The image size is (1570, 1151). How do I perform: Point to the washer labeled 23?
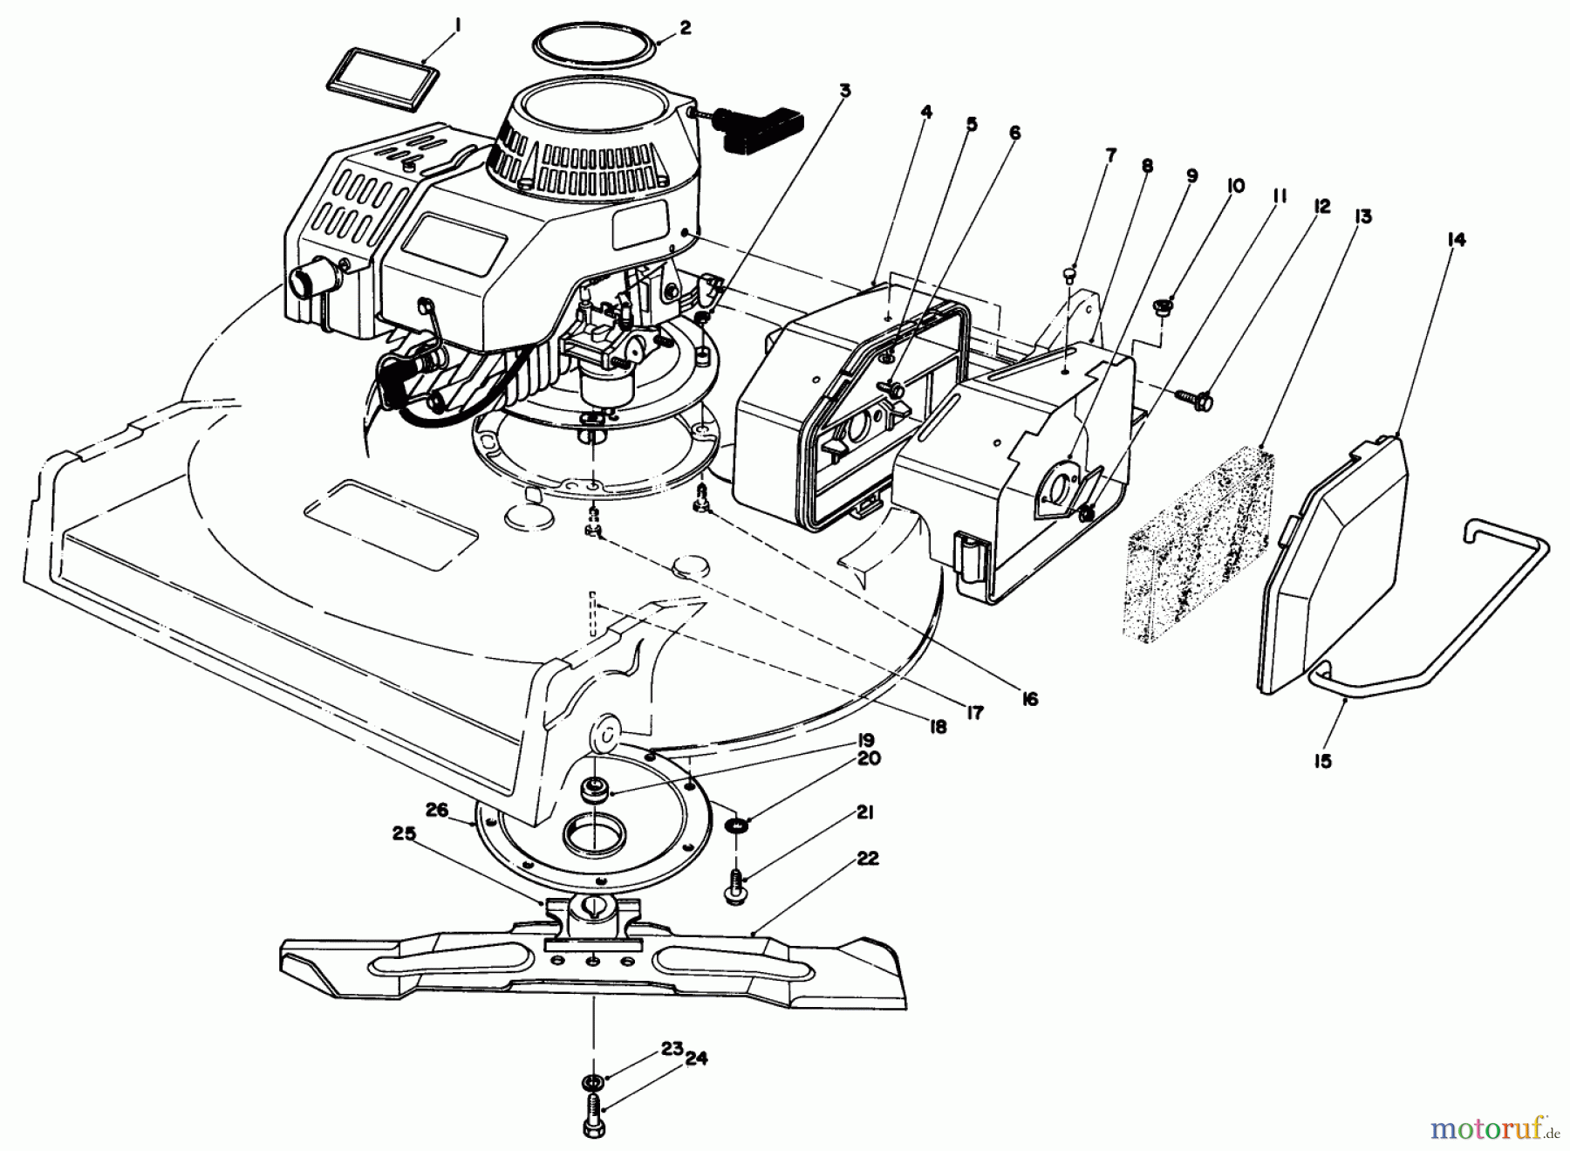coord(593,1083)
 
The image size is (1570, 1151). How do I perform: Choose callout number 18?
coord(937,726)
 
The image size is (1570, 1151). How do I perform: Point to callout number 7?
coord(1110,155)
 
